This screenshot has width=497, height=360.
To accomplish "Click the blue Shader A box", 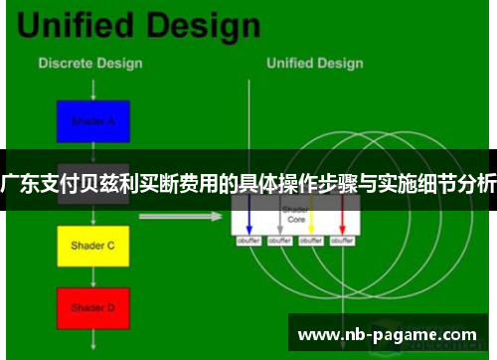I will [92, 121].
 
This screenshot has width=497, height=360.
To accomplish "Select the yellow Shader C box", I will [92, 245].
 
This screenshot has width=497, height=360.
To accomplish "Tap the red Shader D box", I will [92, 308].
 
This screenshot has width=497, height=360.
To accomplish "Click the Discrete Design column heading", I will [89, 64].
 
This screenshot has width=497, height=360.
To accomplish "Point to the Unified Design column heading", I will [314, 64].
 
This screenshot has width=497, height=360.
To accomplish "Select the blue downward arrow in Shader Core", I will [248, 216].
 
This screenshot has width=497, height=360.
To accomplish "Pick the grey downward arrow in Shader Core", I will [280, 216].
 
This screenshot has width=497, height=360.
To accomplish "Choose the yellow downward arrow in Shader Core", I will [311, 216].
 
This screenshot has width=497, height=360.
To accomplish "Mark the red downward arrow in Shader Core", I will [343, 216].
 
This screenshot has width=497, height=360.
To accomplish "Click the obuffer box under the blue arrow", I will [248, 241].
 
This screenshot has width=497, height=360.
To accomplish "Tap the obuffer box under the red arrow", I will [343, 241].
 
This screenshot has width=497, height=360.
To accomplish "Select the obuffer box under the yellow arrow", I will [311, 241].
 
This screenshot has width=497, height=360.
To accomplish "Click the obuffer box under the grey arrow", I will [280, 241].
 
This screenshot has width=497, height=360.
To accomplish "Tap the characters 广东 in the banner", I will [22, 184].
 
